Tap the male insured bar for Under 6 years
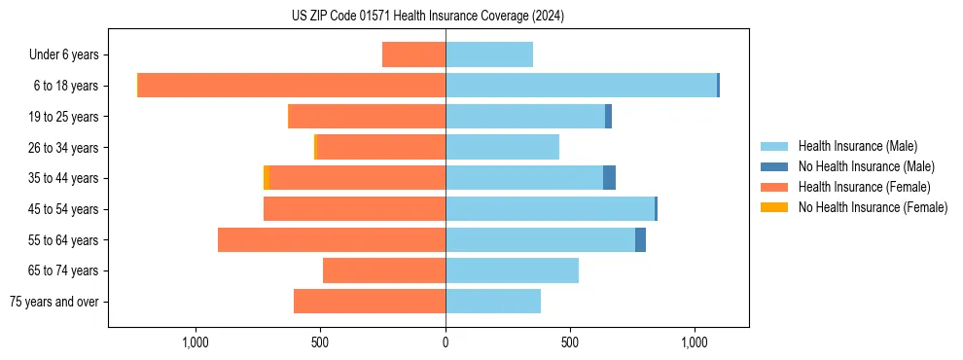click(489, 54)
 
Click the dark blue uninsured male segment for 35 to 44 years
click(609, 178)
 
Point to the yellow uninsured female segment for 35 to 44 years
click(267, 178)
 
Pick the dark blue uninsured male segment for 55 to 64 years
click(640, 239)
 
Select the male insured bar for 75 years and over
click(493, 302)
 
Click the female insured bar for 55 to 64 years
click(332, 239)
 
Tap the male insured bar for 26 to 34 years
click(502, 147)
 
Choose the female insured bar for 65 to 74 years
click(384, 270)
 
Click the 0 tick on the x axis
click(446, 342)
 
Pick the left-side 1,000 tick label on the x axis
click(196, 342)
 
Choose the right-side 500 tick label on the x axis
click(570, 342)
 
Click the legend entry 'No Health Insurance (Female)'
click(873, 207)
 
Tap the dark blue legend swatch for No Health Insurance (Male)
click(774, 166)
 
